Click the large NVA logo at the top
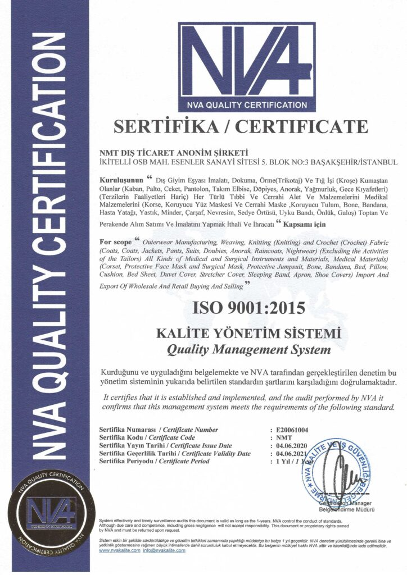pyautogui.click(x=247, y=66)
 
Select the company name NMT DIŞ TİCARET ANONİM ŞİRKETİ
pyautogui.click(x=165, y=152)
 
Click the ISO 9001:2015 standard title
pyautogui.click(x=248, y=308)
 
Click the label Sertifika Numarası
pyautogui.click(x=127, y=430)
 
